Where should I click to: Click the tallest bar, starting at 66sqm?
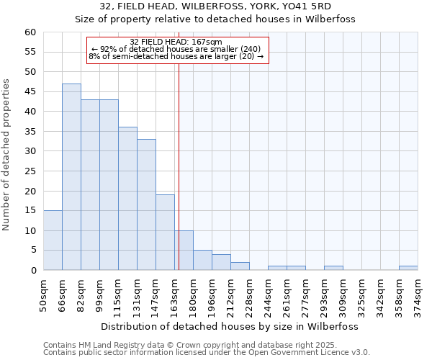[x=71, y=177]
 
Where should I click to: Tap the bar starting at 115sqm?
[x=127, y=199]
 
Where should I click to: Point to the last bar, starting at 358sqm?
[x=408, y=268]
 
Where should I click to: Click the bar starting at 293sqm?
[x=333, y=268]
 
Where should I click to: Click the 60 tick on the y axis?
[x=30, y=32]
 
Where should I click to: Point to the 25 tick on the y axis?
[x=30, y=171]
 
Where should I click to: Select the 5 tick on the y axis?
[x=32, y=251]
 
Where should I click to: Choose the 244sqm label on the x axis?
[x=268, y=293]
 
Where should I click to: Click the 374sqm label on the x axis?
[x=418, y=293]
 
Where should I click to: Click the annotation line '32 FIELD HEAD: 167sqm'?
[x=176, y=42]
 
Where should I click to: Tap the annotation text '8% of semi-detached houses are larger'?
[x=176, y=56]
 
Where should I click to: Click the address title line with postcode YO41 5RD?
[x=215, y=6]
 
